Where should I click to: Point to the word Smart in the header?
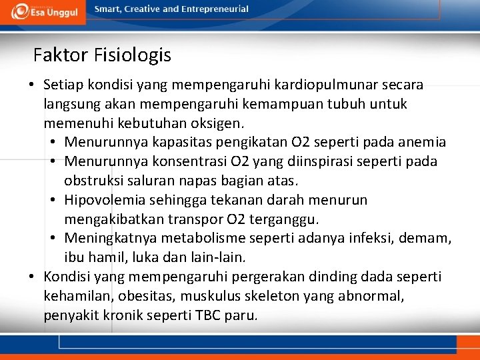pyautogui.click(x=108, y=9)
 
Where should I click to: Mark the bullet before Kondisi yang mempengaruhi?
pyautogui.click(x=31, y=277)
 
